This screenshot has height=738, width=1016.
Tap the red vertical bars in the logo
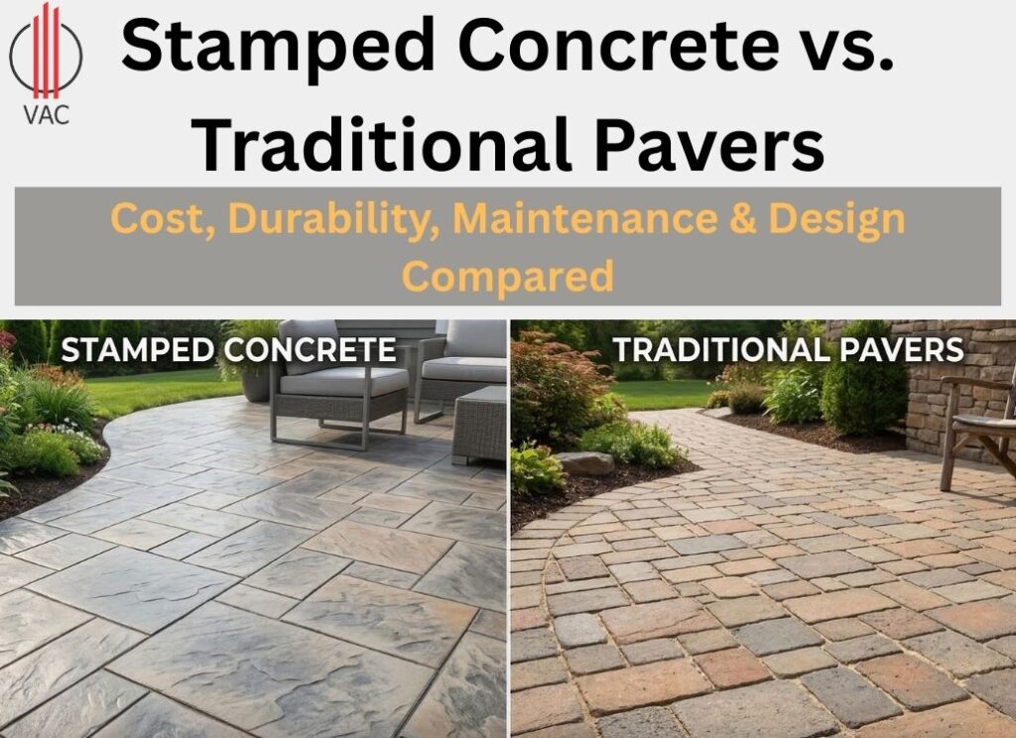46,49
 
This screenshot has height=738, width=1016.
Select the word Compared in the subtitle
507,275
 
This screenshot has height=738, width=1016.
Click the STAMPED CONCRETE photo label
228,350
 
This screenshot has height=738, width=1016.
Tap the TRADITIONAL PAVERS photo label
788,350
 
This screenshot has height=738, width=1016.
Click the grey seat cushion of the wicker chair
342,381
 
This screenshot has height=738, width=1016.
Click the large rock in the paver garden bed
583,462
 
